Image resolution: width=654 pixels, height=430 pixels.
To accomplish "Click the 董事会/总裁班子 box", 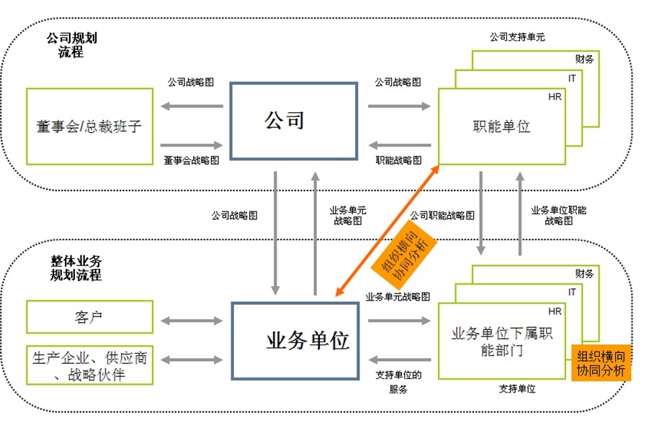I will (x=89, y=127).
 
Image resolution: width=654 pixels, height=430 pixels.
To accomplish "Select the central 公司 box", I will (x=293, y=120).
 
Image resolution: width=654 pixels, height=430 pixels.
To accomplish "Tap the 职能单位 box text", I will (x=501, y=127).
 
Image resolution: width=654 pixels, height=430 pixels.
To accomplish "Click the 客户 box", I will (x=89, y=317).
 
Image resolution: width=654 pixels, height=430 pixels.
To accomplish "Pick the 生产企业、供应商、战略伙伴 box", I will (x=89, y=365).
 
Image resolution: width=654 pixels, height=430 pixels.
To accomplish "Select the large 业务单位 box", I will (x=293, y=340).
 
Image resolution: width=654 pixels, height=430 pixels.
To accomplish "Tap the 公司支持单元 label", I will (x=517, y=36).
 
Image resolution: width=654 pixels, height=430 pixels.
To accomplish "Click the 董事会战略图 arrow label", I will (x=191, y=160).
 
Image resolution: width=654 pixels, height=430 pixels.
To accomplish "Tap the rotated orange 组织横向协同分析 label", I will (x=402, y=252).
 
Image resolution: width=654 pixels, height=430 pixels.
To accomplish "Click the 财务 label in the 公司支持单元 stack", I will (x=584, y=59).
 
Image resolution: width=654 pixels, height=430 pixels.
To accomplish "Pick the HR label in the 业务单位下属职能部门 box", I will (x=555, y=311).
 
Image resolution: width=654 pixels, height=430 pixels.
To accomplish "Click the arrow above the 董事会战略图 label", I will (x=192, y=145).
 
